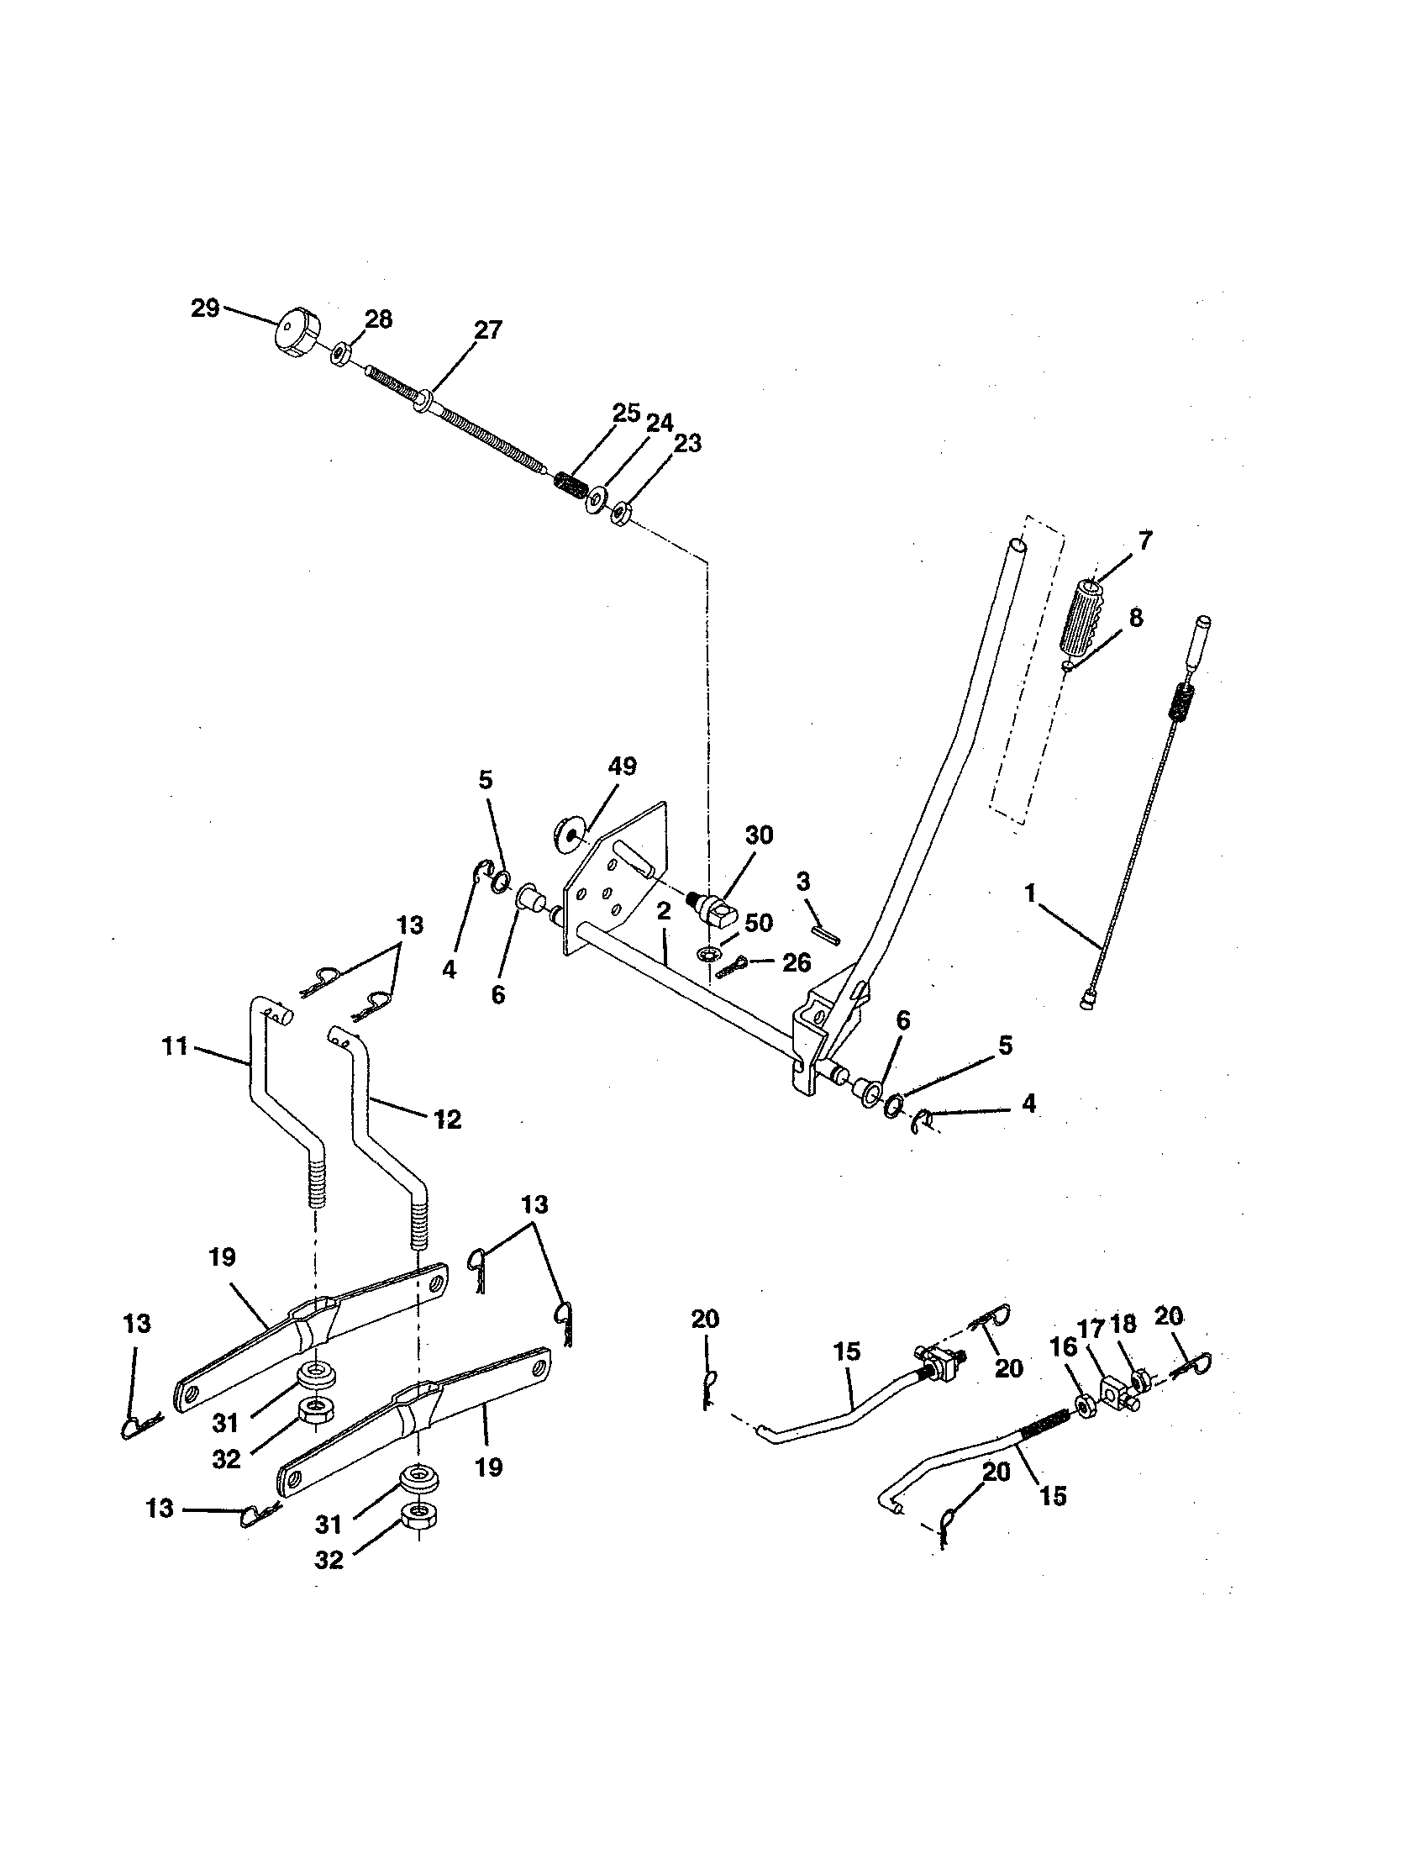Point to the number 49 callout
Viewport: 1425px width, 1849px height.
tap(622, 766)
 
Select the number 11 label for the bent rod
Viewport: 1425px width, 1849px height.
tap(174, 1046)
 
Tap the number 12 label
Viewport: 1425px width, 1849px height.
tap(448, 1120)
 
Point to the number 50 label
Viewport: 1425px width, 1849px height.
tap(758, 923)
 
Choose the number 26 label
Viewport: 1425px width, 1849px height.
tap(797, 962)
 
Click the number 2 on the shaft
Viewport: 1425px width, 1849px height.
tap(664, 911)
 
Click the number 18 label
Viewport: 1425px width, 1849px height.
tap(1123, 1324)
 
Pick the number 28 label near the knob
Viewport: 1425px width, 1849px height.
tap(378, 319)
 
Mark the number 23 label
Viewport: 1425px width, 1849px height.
tap(687, 444)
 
